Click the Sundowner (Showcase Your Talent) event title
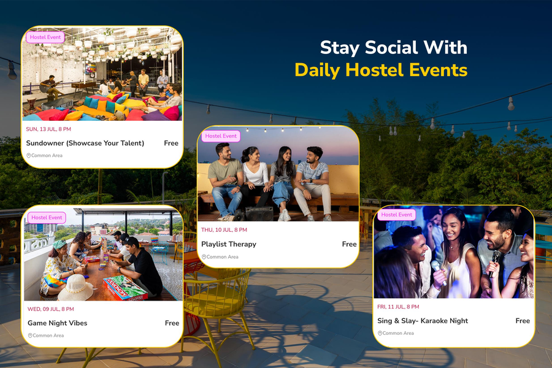point(85,144)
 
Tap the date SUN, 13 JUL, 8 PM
point(48,129)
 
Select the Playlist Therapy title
point(229,244)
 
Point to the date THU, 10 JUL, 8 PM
point(224,230)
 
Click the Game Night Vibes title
point(58,323)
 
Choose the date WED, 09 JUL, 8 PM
point(51,309)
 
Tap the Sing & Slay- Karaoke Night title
point(423,321)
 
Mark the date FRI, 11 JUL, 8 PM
point(398,307)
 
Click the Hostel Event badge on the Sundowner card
point(45,37)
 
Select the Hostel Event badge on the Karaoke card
point(396,215)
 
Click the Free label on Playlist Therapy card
point(349,244)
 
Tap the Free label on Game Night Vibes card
point(172,323)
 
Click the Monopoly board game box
point(125,288)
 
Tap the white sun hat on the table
point(75,288)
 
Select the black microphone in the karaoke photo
point(494,263)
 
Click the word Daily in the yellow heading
point(318,70)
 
